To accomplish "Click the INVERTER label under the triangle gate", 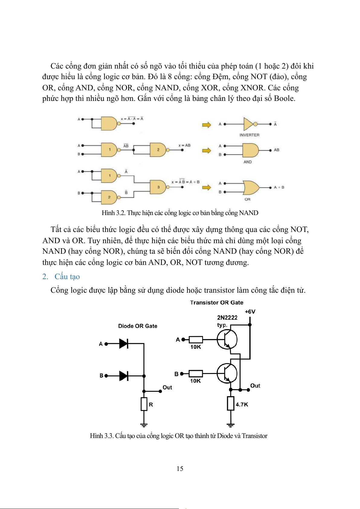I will click(249, 135).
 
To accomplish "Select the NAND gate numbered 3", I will click(158, 187).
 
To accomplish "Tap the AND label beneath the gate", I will click(248, 162).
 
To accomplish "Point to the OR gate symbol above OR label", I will click(251, 188).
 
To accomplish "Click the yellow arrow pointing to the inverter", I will click(206, 125).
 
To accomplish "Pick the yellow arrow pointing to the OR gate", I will click(206, 188).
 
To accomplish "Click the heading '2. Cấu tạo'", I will click(61, 276).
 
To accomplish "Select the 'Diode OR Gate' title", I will click(138, 326).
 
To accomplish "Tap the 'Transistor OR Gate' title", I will click(216, 302).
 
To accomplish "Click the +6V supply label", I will click(250, 311).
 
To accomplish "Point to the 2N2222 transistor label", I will click(227, 317).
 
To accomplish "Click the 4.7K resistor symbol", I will click(231, 403).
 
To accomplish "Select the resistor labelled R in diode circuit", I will click(144, 404).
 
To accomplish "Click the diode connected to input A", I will click(124, 343).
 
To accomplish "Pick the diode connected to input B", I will click(124, 376).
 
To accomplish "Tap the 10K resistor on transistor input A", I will click(196, 340).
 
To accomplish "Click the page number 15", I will click(180, 469).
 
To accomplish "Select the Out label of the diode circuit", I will click(167, 387).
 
